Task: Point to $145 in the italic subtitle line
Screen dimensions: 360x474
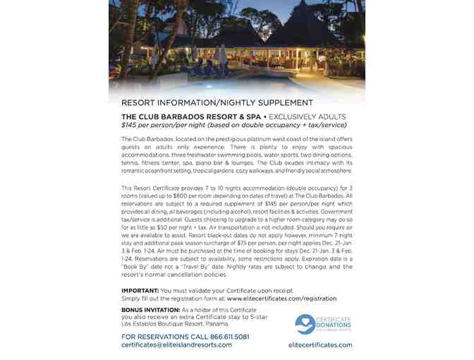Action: (x=129, y=124)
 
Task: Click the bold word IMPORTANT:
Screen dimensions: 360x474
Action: (x=140, y=291)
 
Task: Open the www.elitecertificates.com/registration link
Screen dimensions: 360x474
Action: (x=281, y=299)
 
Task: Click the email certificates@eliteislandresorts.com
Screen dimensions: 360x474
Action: (x=176, y=345)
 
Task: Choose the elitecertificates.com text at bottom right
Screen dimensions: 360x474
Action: (x=320, y=345)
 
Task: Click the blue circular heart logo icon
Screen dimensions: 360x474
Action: (x=305, y=324)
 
